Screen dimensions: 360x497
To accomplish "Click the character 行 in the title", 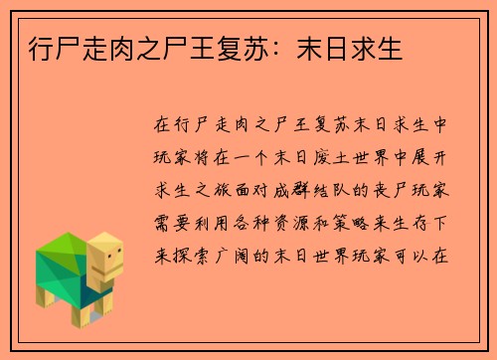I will click(x=33, y=47).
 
